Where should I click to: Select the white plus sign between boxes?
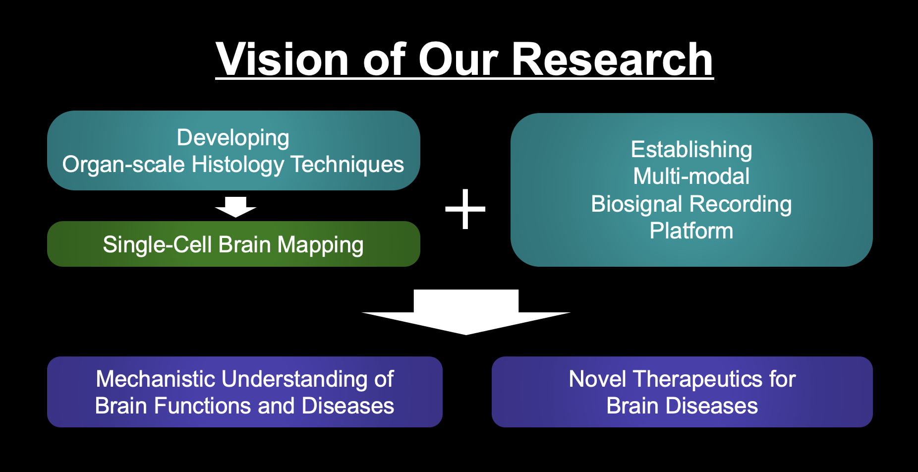465,209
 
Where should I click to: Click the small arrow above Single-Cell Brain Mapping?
235,207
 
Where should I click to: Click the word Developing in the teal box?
233,138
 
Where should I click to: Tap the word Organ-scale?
123,165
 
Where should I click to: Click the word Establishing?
691,150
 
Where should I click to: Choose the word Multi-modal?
691,177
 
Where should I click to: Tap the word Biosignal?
637,204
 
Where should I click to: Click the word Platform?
691,231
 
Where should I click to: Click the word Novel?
597,379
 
